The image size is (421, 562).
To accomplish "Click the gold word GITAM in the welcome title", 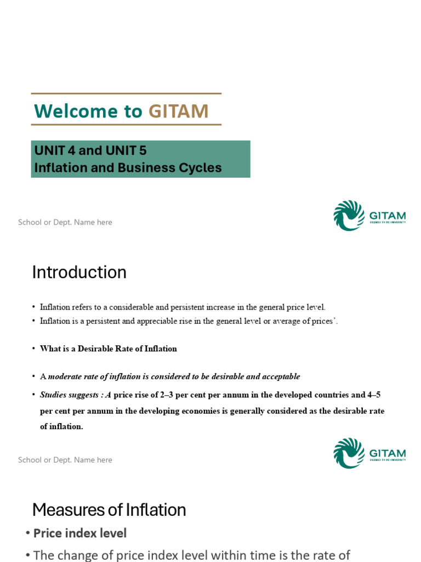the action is tap(178, 111).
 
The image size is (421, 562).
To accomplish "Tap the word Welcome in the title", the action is tap(76, 111).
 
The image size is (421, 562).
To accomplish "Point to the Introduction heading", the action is tap(79, 272).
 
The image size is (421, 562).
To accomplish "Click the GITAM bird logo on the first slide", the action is tap(349, 215).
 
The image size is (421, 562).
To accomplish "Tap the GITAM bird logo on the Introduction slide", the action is tap(349, 453).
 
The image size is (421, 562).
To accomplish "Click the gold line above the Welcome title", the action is tap(127, 93).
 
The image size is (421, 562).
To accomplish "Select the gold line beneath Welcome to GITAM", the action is tap(127, 125).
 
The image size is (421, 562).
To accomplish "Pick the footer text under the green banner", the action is tap(65, 222).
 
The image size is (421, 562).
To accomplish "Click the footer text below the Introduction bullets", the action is tap(65, 460).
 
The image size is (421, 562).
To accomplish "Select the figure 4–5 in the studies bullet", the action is tap(374, 395).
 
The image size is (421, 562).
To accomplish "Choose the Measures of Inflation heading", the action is tap(109, 510).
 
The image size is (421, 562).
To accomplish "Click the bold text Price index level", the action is tap(80, 533).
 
